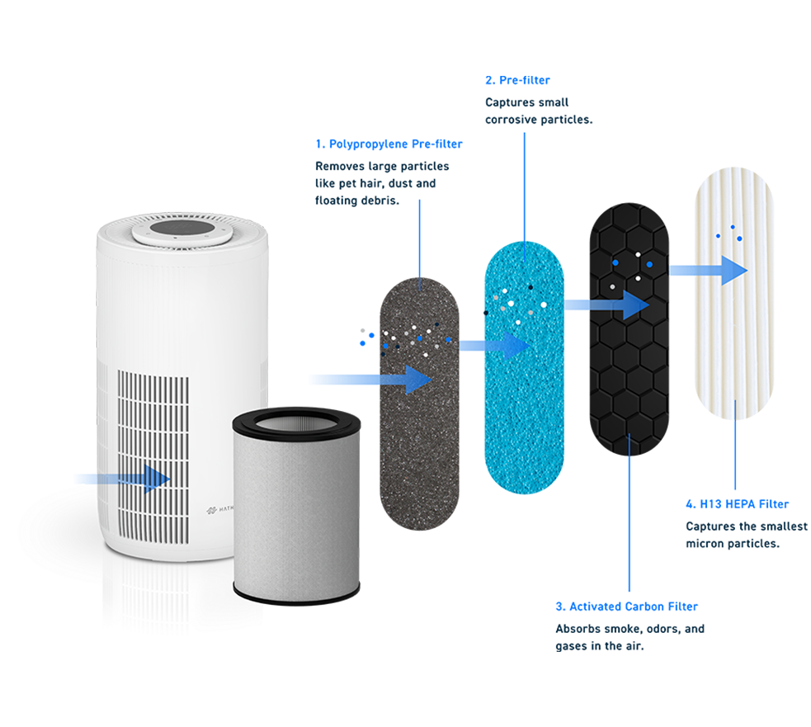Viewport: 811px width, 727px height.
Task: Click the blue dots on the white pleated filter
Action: (729, 233)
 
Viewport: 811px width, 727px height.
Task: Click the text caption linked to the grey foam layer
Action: (384, 173)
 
